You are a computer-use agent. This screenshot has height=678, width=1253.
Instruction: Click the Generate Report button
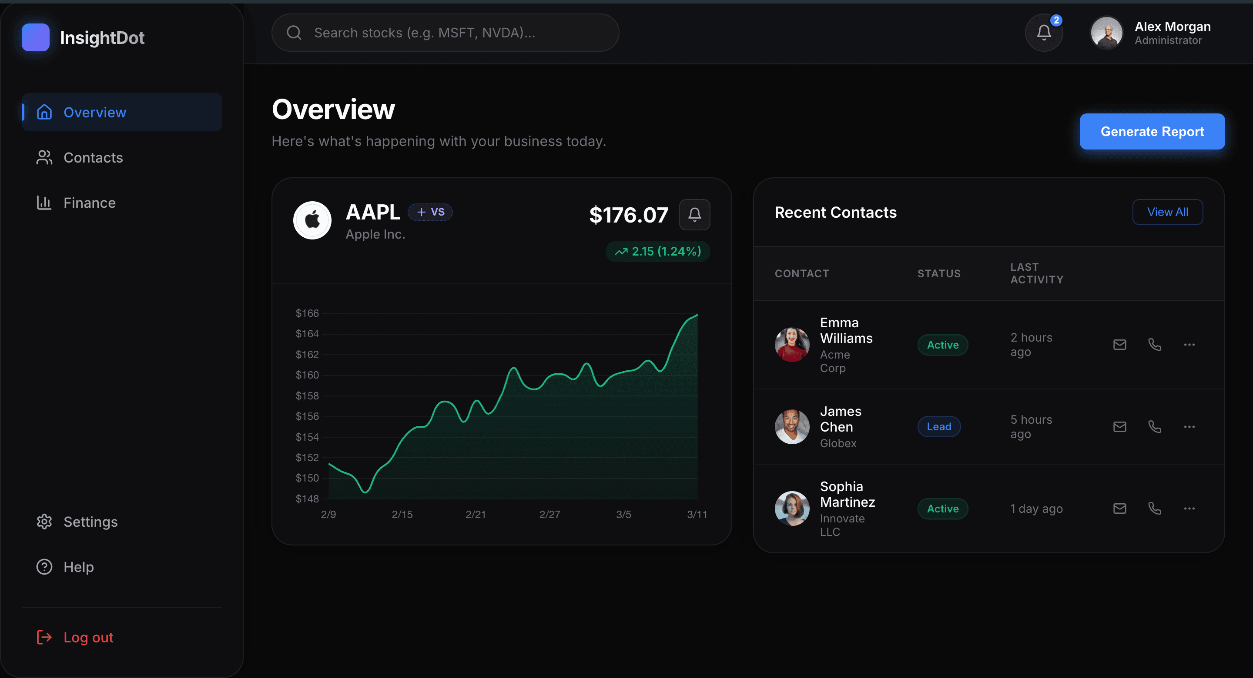1151,131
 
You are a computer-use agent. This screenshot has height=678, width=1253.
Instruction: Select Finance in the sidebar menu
89,203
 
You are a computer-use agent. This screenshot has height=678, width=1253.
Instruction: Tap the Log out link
87,637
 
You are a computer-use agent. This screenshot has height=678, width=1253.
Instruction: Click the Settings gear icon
44,522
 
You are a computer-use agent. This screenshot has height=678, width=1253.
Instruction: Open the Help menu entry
78,567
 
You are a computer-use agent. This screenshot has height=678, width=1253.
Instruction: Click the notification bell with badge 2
1043,33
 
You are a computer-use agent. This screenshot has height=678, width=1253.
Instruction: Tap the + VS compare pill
430,212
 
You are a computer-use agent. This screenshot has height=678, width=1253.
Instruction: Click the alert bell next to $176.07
694,214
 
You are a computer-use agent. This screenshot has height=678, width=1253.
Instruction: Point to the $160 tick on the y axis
307,375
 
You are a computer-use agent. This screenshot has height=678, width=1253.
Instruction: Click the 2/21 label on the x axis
475,514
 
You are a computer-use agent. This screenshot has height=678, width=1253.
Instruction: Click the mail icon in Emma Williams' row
1119,345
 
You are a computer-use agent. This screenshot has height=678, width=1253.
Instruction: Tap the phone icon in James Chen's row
1154,427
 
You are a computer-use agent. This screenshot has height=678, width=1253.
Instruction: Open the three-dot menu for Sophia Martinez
1189,508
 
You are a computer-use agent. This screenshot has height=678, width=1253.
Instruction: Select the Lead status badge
938,427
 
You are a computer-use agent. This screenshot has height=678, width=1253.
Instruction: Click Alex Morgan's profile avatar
1106,33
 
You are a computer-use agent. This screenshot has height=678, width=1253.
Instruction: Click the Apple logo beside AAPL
312,220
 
